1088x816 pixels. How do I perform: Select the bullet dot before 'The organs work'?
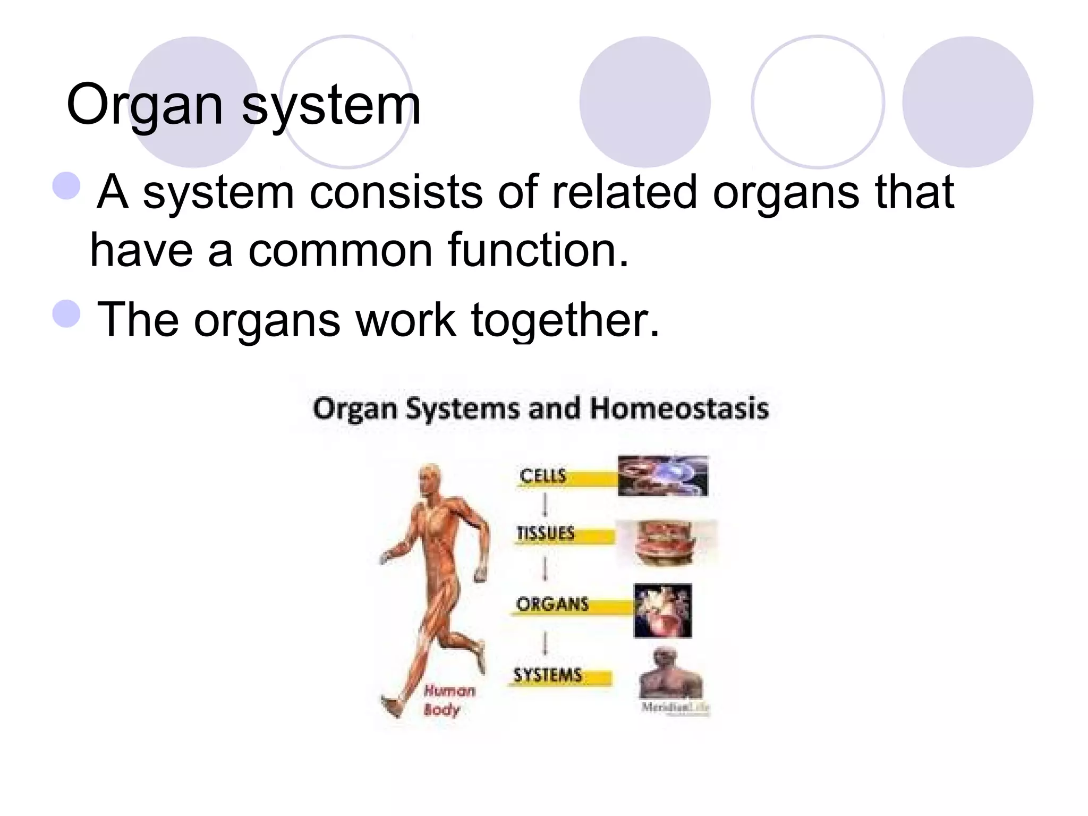pyautogui.click(x=67, y=313)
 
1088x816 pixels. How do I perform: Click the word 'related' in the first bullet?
pyautogui.click(x=624, y=192)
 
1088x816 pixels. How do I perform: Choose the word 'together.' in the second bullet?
pyautogui.click(x=565, y=320)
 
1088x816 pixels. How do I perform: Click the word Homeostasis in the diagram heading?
pyautogui.click(x=679, y=409)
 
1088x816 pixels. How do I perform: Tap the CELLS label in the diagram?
pyautogui.click(x=542, y=475)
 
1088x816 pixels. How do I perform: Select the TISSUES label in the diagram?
pyautogui.click(x=546, y=533)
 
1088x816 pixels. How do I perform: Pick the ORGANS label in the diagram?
pyautogui.click(x=552, y=604)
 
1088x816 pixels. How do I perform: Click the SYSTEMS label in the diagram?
pyautogui.click(x=548, y=675)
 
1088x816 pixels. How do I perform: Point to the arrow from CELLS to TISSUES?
pyautogui.click(x=545, y=505)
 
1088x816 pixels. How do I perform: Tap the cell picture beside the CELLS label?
pyautogui.click(x=662, y=475)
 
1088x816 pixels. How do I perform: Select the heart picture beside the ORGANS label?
pyautogui.click(x=662, y=610)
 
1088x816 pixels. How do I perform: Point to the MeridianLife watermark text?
pyautogui.click(x=675, y=707)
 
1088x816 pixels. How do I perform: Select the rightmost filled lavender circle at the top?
pyautogui.click(x=967, y=102)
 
